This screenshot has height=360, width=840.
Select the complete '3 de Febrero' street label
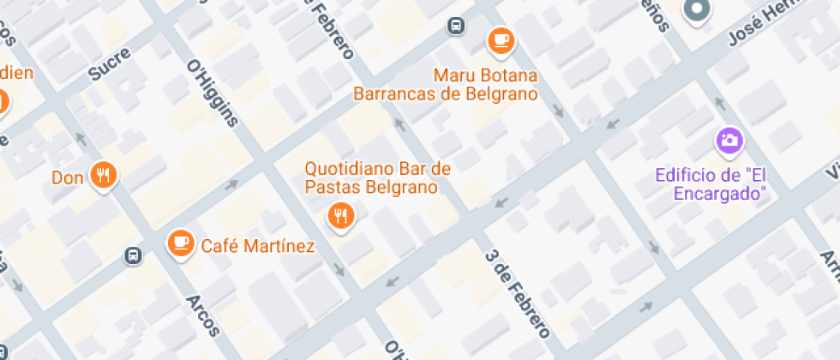(x=517, y=292)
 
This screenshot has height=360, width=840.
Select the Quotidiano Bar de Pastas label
(x=377, y=177)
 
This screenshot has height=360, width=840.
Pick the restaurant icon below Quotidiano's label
(x=341, y=216)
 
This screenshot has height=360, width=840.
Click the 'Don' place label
(x=67, y=178)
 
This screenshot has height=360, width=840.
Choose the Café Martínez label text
(x=258, y=247)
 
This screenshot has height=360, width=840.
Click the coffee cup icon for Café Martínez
(x=181, y=243)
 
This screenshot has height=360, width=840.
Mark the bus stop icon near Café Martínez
(x=133, y=255)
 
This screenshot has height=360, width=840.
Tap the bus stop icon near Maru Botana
(x=457, y=27)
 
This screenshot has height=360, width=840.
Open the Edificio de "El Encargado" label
(x=711, y=184)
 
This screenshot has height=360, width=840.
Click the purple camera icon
(x=729, y=140)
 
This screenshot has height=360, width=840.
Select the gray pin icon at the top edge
(x=696, y=9)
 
